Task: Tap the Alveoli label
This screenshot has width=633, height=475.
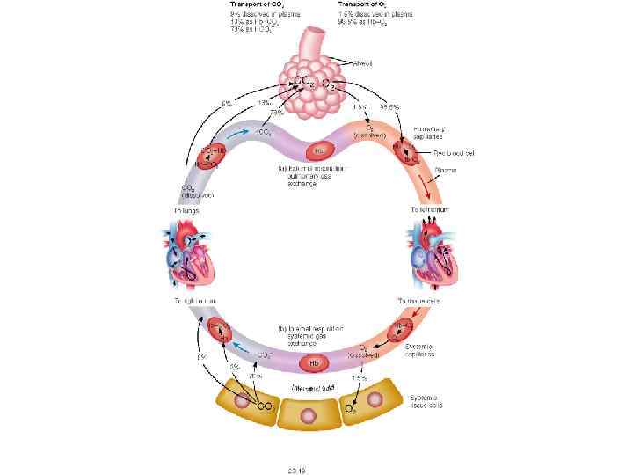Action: tap(363, 62)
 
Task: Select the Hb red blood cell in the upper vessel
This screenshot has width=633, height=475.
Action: tap(319, 149)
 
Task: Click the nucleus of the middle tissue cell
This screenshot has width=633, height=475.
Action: tap(309, 414)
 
